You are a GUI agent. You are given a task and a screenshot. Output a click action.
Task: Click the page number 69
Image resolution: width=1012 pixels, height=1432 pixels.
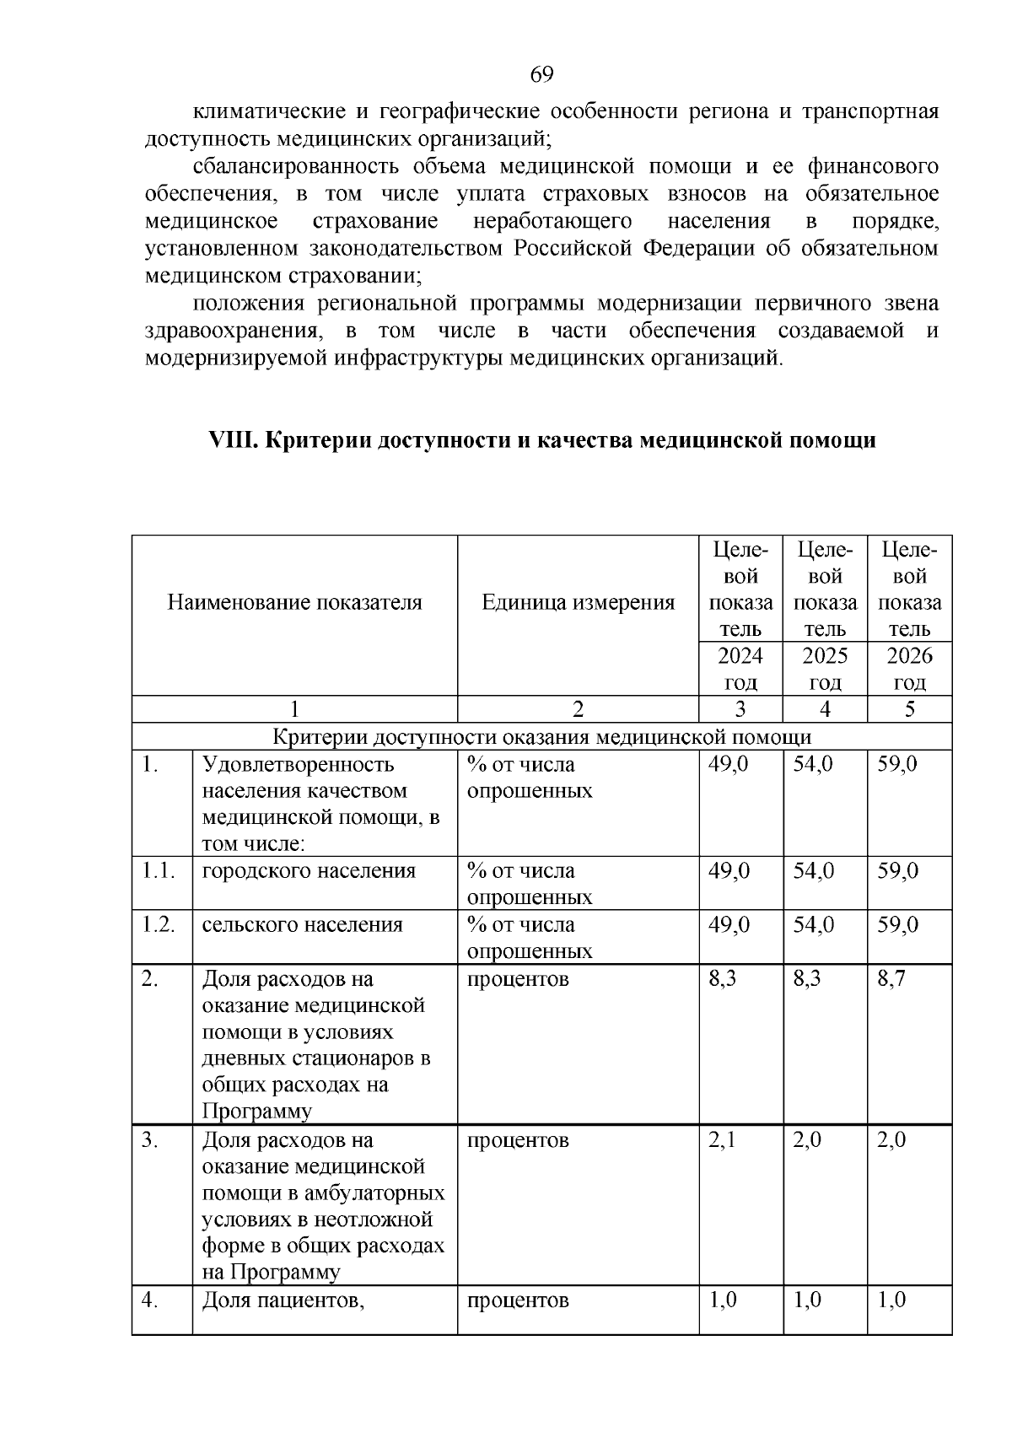(x=541, y=75)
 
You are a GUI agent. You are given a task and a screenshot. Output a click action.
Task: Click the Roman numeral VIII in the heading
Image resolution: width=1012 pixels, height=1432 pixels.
(x=232, y=440)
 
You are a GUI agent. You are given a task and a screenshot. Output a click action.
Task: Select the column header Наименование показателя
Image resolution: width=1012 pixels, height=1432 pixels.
(x=294, y=602)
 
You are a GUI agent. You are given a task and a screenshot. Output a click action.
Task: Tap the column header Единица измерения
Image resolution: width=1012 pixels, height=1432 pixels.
(x=578, y=602)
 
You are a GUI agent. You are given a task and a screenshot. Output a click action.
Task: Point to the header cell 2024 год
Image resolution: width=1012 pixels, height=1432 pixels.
(x=740, y=669)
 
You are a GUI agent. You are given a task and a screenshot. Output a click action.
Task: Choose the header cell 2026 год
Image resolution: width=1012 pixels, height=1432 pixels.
(x=909, y=669)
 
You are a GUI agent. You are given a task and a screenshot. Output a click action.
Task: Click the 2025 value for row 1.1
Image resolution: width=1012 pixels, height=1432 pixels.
(x=813, y=871)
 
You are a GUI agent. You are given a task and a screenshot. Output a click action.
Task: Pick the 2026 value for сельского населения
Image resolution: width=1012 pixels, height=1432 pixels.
(x=897, y=925)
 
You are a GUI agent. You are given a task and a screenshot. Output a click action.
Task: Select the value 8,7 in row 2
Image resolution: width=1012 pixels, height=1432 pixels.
(x=891, y=979)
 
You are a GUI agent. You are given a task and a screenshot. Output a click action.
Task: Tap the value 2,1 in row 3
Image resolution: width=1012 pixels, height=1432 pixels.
(x=723, y=1140)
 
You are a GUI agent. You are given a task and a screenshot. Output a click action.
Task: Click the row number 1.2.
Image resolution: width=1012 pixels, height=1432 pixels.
(x=158, y=925)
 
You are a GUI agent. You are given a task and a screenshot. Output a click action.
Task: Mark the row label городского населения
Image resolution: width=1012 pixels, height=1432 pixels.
(x=309, y=871)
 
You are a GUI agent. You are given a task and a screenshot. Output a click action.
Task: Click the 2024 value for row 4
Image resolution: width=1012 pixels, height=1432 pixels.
(x=723, y=1300)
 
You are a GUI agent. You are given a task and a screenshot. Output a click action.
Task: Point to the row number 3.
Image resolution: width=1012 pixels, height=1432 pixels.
(x=150, y=1140)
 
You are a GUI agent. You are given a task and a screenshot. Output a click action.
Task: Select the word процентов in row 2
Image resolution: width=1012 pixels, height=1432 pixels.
(x=518, y=979)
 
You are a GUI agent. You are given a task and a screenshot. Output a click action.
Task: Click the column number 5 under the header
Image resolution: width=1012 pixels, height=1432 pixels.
(x=909, y=709)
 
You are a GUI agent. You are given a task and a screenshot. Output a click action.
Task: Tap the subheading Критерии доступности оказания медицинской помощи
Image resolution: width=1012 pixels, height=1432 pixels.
(x=541, y=737)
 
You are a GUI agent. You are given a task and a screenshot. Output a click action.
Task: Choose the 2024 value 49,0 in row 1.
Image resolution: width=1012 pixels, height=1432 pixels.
(x=729, y=764)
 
